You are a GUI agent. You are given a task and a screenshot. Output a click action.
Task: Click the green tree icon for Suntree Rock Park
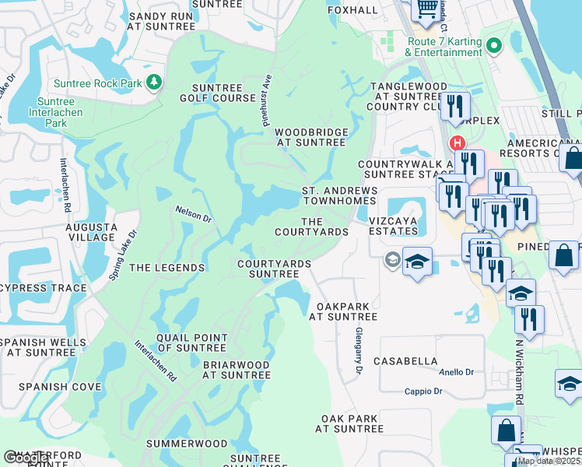(154, 82)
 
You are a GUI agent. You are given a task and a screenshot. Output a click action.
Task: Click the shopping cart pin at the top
(426, 9)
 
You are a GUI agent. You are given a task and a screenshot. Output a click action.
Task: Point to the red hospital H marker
(457, 143)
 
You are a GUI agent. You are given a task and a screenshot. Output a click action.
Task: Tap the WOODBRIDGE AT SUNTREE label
(310, 138)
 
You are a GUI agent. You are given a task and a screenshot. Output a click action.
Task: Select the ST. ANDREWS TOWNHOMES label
(339, 195)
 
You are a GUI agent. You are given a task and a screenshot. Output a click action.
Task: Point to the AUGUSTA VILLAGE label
(91, 233)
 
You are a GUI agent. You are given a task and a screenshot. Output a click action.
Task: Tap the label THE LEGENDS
(167, 268)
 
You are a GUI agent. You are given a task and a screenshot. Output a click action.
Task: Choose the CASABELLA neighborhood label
(405, 361)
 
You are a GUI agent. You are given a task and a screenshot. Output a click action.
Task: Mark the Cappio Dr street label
(422, 392)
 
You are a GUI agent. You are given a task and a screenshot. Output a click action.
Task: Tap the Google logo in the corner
(26, 458)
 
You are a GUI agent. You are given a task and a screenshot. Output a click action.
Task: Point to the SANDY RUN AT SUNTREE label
(162, 21)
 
